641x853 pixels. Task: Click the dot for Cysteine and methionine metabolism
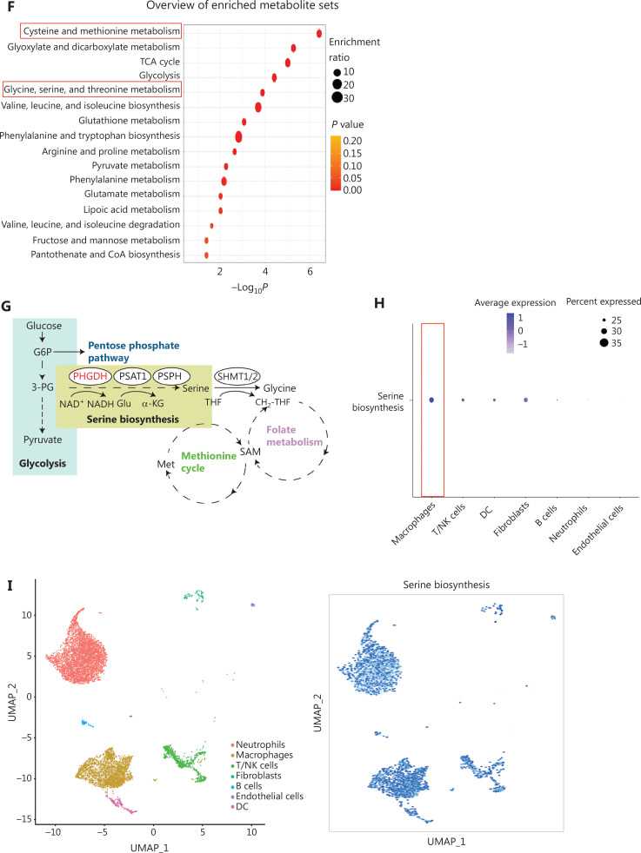[x=319, y=33]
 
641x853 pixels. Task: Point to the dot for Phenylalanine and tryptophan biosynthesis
[x=238, y=136]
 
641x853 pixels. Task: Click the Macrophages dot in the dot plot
[x=432, y=400]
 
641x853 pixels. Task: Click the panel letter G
[x=8, y=307]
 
